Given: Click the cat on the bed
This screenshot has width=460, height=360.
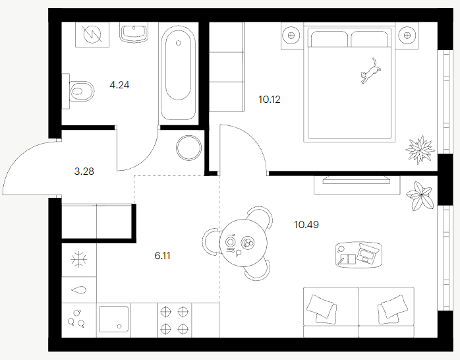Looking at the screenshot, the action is (370, 71).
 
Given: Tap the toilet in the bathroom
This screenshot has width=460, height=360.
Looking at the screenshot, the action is (79, 91).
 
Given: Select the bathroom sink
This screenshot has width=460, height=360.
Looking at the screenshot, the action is (134, 32).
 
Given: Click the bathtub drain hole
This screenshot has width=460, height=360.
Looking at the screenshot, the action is (179, 43).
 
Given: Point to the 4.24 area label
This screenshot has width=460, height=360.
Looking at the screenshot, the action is (119, 85).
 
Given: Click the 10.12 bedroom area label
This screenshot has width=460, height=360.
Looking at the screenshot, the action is (270, 100).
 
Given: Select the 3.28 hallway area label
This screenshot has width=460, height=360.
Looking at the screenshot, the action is (84, 171).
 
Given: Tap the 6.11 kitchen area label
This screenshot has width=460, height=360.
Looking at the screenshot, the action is (162, 256).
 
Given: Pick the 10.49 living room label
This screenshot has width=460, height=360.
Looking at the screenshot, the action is (306, 225).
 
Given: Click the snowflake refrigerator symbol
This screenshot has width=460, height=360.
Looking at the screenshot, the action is (79, 259).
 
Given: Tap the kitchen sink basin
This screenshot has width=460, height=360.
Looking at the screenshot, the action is (113, 319).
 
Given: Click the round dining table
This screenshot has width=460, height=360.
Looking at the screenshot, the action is (243, 243).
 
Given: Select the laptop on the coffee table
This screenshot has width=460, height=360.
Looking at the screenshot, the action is (366, 253).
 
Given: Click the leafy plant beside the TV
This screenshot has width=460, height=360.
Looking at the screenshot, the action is (420, 196).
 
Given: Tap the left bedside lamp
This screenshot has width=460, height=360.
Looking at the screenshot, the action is (291, 36).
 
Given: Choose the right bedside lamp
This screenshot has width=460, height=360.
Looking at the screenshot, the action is (407, 36).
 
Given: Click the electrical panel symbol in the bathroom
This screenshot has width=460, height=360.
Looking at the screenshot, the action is (92, 34).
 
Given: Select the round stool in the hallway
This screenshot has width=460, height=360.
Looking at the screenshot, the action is (189, 148).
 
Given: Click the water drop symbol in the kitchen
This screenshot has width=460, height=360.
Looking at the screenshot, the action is (79, 290).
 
